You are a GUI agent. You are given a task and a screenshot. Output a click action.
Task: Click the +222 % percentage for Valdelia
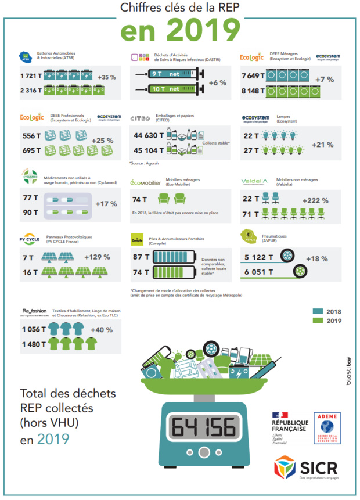tap(315, 200)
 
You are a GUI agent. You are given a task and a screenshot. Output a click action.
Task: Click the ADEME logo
tap(327, 429)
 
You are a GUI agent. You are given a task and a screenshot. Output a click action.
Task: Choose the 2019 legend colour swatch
tap(318, 321)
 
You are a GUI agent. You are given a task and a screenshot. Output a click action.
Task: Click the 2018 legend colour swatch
tap(318, 311)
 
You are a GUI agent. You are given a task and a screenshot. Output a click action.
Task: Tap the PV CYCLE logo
tap(30, 239)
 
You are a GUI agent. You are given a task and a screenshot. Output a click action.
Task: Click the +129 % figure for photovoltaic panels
tap(97, 257)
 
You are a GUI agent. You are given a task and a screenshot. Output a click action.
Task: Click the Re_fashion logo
tap(34, 311)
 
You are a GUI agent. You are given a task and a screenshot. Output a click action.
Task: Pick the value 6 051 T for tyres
tap(259, 271)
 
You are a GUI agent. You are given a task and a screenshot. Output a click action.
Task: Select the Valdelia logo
tap(255, 181)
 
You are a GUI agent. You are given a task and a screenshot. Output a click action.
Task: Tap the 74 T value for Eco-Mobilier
tap(139, 200)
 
